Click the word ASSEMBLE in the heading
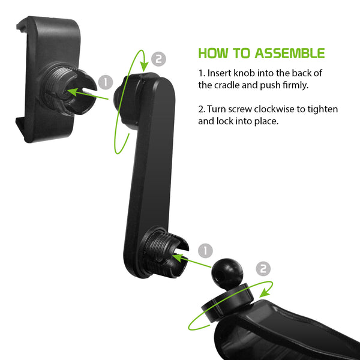(x=290, y=53)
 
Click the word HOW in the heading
(x=214, y=53)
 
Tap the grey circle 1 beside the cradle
(x=106, y=82)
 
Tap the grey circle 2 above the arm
(x=158, y=59)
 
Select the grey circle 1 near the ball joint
(x=205, y=251)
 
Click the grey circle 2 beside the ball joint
(x=263, y=269)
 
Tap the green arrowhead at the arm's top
(x=144, y=67)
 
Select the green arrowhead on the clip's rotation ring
(x=265, y=293)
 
